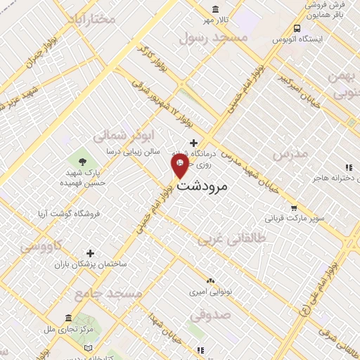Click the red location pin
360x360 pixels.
(x=179, y=166)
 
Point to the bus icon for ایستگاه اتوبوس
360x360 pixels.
(x=298, y=29)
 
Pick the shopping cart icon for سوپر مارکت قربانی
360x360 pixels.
(x=294, y=207)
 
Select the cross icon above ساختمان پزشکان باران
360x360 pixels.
(x=90, y=253)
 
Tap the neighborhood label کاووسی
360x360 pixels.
(x=40, y=247)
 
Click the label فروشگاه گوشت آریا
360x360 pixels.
(x=68, y=212)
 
